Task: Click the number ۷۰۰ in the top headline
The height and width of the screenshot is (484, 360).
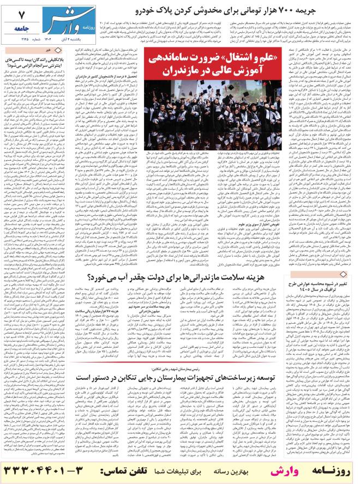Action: coord(291,9)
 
